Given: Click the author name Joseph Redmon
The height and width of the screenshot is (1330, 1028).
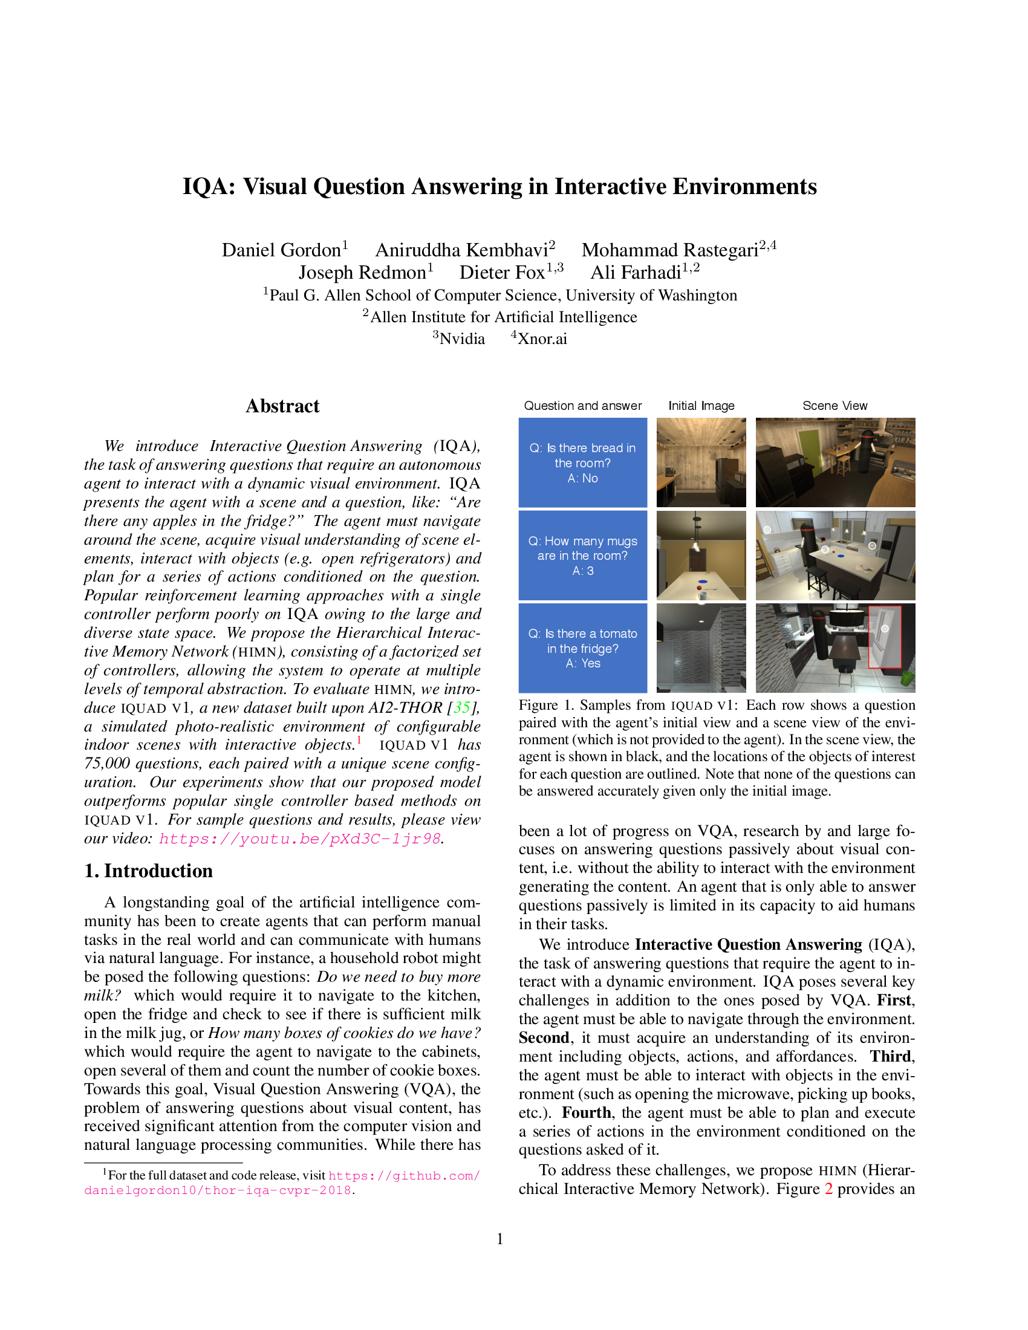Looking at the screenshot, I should coord(362,272).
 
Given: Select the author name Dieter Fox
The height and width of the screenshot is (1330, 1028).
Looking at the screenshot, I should coord(502,272).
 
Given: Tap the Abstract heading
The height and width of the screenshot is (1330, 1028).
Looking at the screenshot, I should coord(282,406).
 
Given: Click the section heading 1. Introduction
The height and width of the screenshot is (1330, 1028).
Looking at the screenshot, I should coord(149,871).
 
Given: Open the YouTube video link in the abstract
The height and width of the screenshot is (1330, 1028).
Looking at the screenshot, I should coord(299,839).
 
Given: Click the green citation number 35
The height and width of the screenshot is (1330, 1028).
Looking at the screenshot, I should coord(461,708).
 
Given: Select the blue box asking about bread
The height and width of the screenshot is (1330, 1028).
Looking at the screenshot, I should coord(582,463).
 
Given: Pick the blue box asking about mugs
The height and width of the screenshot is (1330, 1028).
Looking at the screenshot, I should coord(582,556).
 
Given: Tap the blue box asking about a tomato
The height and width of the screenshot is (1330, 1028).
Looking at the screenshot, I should coord(582,648).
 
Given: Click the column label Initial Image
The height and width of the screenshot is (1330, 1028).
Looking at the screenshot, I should coord(701,406).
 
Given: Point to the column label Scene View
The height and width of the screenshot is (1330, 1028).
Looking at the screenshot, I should coord(834,406).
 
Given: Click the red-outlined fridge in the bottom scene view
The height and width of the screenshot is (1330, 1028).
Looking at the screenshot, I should coord(884,637).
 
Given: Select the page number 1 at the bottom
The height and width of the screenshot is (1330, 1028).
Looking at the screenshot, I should coord(500,1239).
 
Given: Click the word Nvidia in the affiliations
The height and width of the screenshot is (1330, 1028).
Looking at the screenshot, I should coord(461,339).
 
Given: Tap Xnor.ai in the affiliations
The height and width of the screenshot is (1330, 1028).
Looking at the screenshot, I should coord(542,339).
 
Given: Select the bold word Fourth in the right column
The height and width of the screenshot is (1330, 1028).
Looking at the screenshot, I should coord(586,1112).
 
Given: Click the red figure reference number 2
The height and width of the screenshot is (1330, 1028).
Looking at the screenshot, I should coord(828,1189).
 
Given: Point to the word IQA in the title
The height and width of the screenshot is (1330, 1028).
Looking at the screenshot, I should coord(208,187).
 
